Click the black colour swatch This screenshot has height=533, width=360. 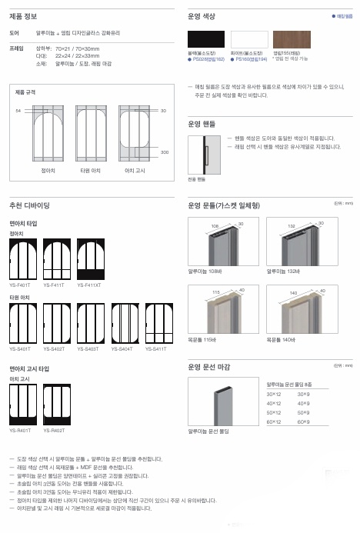[x=206, y=40]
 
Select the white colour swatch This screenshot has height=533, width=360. [x=248, y=40]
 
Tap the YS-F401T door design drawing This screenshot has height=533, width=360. [x=22, y=260]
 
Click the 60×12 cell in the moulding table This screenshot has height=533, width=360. [x=274, y=421]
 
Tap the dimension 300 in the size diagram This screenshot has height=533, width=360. [x=164, y=152]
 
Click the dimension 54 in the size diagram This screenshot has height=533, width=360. [x=18, y=112]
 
